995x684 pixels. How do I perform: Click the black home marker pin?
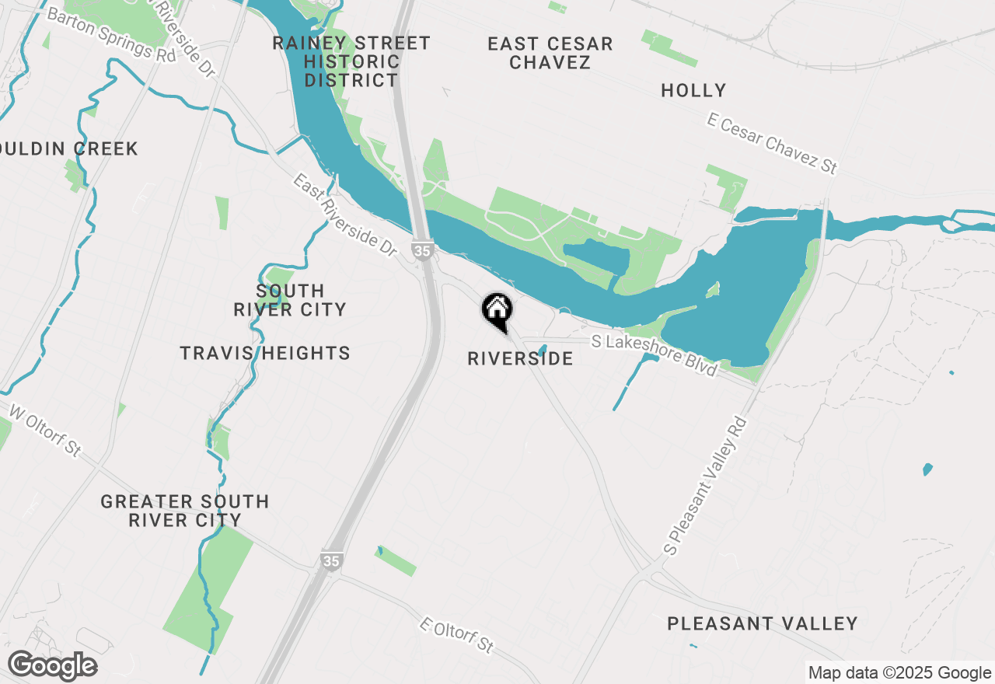tap(497, 310)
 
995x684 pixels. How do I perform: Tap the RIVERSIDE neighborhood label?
tap(520, 358)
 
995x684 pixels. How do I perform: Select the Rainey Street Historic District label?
tap(351, 61)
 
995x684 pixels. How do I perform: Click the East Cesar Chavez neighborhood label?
tap(550, 53)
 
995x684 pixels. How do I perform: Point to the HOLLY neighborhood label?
tap(693, 90)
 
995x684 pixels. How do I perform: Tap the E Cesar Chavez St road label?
tap(772, 143)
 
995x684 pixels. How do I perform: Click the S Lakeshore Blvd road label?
tap(654, 355)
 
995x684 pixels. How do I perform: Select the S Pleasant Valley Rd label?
tap(706, 485)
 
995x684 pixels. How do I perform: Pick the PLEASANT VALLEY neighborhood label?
tap(763, 623)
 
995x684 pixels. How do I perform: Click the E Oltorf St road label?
tap(456, 635)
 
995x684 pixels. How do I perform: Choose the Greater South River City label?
tap(185, 511)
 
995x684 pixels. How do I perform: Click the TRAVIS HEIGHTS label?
tap(265, 353)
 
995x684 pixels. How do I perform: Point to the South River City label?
tap(290, 299)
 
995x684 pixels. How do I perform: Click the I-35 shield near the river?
tap(422, 251)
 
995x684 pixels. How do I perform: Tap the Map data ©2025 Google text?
tap(899, 673)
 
